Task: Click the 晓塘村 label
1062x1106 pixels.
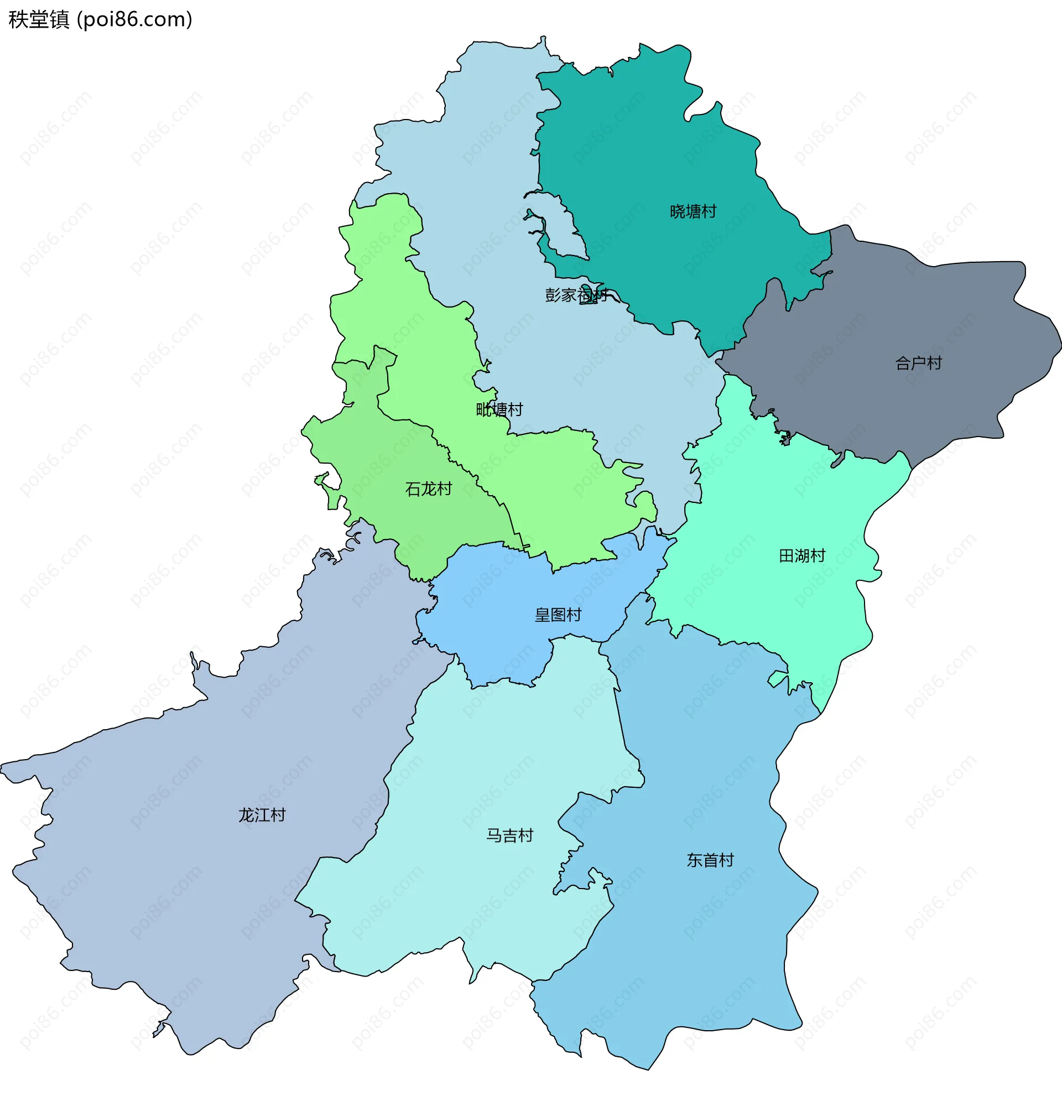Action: tap(693, 211)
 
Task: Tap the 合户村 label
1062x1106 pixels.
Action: tap(918, 363)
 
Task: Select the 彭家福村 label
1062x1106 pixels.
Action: tap(576, 294)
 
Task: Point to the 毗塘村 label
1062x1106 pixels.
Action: tap(499, 409)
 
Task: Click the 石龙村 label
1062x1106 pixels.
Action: tap(428, 489)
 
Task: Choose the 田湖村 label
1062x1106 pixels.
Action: tap(801, 556)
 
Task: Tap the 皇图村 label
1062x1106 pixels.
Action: tap(558, 615)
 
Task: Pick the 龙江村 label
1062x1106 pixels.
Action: tap(262, 815)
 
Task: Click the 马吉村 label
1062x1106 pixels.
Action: tap(509, 835)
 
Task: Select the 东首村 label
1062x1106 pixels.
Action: tap(710, 860)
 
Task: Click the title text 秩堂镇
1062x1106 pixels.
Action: tap(39, 20)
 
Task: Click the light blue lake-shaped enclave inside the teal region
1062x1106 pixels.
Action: tap(558, 226)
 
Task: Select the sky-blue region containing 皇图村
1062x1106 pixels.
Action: tap(508, 637)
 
